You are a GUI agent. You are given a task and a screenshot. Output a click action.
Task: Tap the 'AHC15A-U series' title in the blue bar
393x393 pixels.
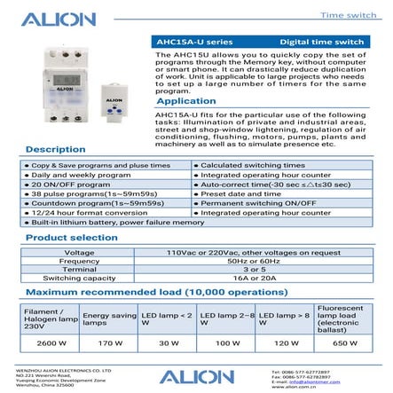(182, 42)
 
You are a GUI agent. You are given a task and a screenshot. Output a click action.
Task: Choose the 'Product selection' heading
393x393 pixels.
(71, 239)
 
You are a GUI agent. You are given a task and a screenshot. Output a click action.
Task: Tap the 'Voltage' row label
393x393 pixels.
(79, 253)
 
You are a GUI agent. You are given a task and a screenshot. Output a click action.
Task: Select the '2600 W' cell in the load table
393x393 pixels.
(51, 342)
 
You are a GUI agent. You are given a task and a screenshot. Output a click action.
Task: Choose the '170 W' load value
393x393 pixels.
(109, 342)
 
